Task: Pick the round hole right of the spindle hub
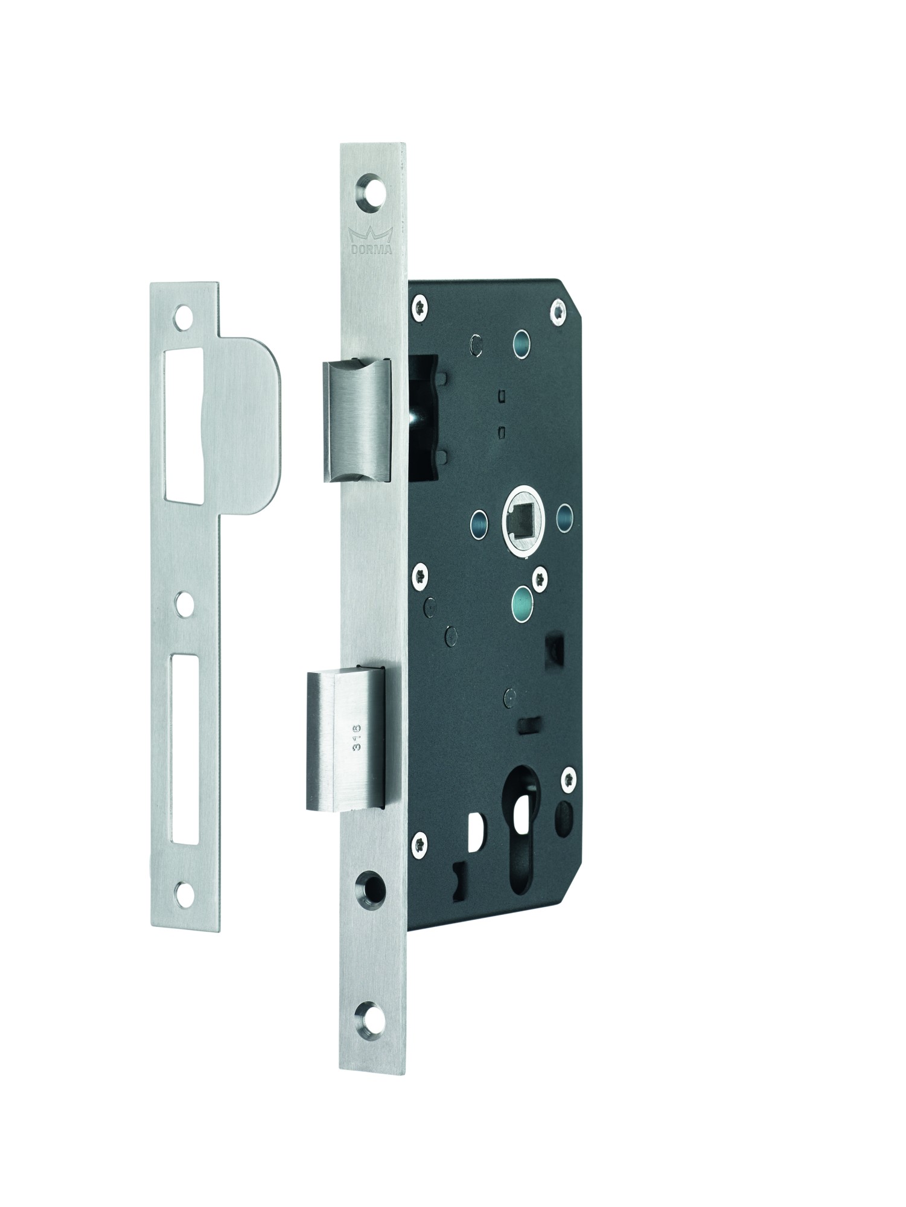pos(566,498)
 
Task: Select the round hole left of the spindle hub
pos(477,501)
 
